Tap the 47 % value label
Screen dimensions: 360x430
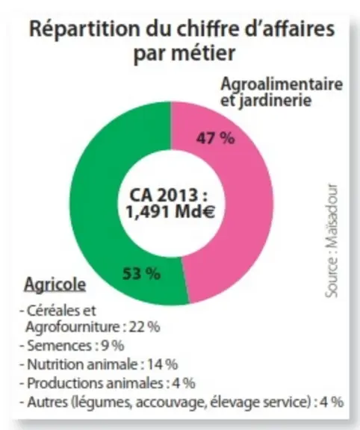215,137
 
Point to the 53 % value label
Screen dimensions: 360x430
141,273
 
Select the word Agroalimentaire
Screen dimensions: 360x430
282,84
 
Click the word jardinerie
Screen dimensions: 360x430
275,100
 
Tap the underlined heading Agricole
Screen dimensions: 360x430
55,284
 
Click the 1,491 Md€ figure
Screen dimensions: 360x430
170,211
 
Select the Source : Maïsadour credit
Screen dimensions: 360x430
332,240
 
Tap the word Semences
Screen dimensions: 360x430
60,346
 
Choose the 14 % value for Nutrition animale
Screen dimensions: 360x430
163,364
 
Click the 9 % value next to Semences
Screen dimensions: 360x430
113,346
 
